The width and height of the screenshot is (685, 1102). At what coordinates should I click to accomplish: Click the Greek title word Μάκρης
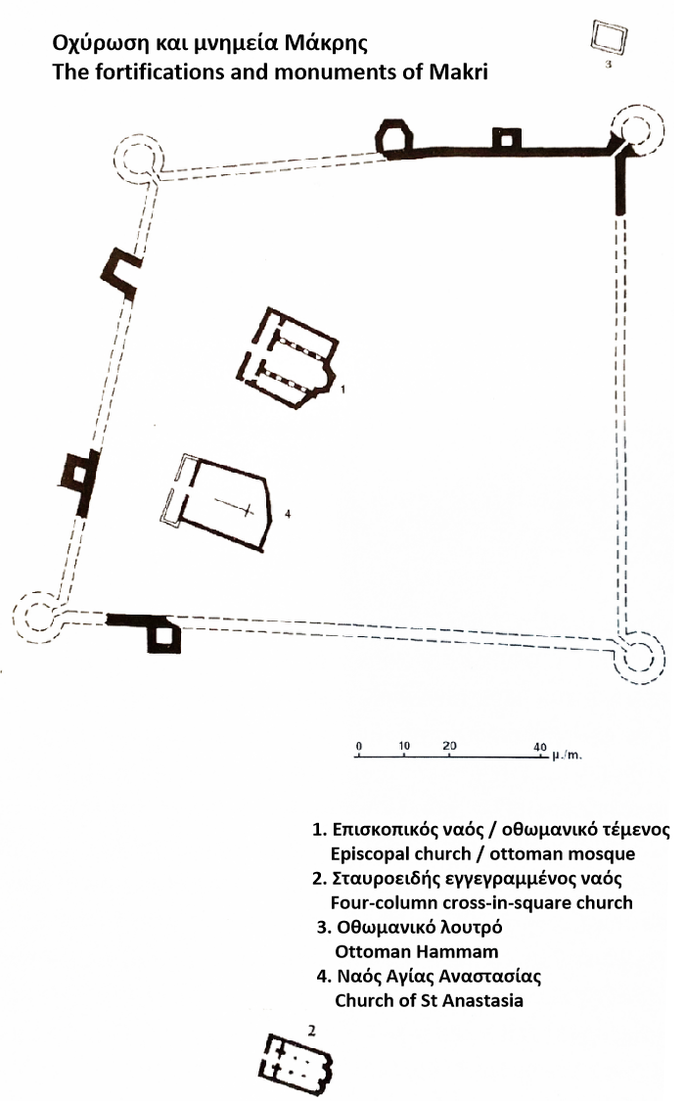325,44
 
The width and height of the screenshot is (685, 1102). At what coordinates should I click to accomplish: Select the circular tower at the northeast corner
638,131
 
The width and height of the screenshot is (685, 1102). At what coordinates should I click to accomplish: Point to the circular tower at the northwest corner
138,158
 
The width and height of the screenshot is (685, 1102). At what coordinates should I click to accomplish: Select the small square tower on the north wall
507,138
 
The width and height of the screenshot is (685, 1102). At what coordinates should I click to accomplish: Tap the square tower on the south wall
163,637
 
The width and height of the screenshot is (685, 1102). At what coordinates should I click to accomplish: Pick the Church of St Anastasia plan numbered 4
218,502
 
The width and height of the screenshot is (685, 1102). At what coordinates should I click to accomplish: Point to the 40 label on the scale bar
539,747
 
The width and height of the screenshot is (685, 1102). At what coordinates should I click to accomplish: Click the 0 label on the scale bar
359,747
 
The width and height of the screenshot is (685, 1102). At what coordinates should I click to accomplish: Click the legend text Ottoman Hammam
417,951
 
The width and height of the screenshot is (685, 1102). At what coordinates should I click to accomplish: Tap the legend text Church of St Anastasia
429,1000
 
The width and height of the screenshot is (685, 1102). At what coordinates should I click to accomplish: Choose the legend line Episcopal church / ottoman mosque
482,854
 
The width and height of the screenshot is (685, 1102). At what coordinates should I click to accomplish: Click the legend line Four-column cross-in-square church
481,902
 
